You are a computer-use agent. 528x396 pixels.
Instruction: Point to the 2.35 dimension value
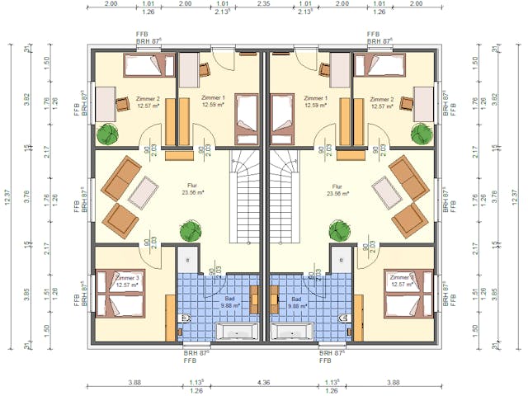coord(263,3)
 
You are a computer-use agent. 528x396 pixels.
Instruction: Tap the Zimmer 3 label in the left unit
coord(127,278)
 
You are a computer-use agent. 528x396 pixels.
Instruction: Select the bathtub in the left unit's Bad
coord(237,332)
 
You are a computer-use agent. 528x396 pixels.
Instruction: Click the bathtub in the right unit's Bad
coord(290,332)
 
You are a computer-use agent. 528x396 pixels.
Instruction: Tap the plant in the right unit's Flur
coord(338,228)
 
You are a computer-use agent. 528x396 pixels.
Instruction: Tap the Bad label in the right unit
coord(295,298)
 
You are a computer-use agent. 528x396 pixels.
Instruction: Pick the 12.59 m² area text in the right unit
coord(315,106)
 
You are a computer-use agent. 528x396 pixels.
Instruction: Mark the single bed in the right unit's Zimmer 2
coord(380,64)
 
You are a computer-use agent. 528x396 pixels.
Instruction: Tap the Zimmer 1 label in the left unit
coord(212,98)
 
